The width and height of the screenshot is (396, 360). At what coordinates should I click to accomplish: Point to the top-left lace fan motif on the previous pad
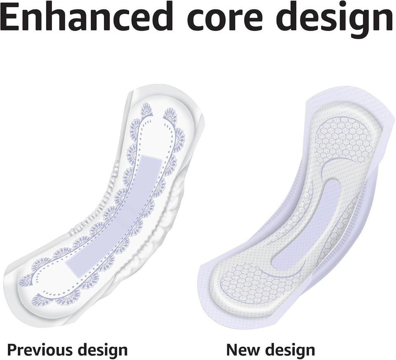click(146, 111)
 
